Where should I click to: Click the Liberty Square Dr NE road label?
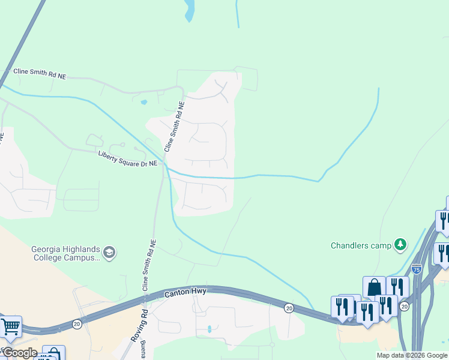[128, 158]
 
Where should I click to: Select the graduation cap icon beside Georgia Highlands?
[109, 252]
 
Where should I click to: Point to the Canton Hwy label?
[185, 292]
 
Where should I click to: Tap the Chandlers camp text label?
[361, 245]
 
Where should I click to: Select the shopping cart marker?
[10, 326]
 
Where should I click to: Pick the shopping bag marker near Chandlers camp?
[374, 287]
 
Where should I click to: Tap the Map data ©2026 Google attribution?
[412, 355]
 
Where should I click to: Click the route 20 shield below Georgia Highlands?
[77, 323]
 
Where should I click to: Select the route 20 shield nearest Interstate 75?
[405, 307]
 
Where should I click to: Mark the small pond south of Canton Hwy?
[209, 329]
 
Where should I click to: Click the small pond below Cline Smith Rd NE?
[143, 102]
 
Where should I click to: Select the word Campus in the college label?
[82, 258]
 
